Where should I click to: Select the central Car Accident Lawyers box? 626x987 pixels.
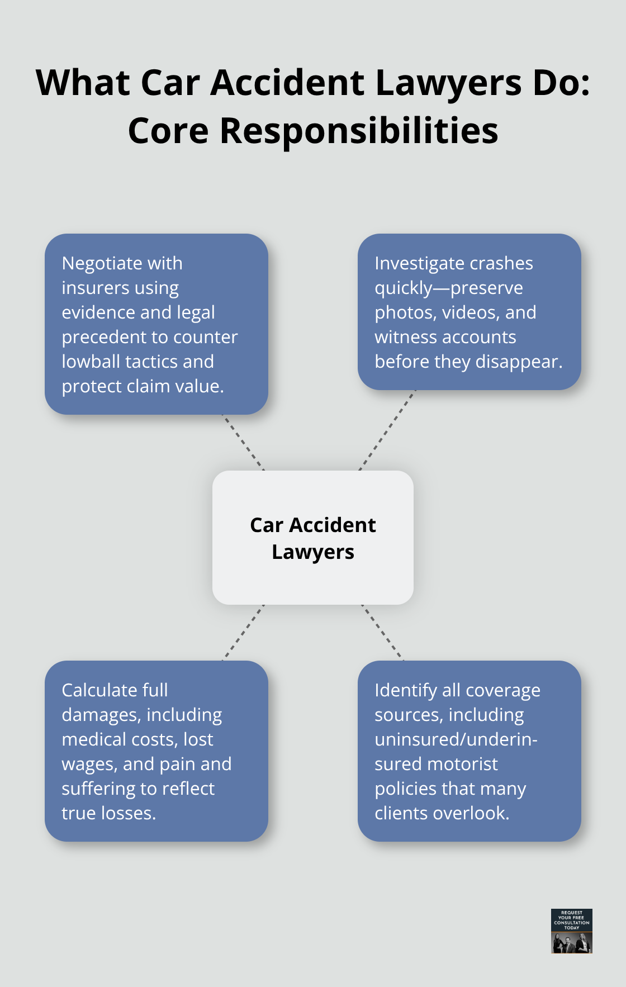(313, 538)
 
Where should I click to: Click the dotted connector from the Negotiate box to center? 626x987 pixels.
(243, 442)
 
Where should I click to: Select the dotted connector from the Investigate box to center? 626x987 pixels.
(387, 430)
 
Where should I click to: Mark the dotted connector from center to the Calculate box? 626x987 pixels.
(243, 632)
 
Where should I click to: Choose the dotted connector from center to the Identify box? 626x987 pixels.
(383, 632)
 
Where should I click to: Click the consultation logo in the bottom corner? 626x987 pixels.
(571, 931)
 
